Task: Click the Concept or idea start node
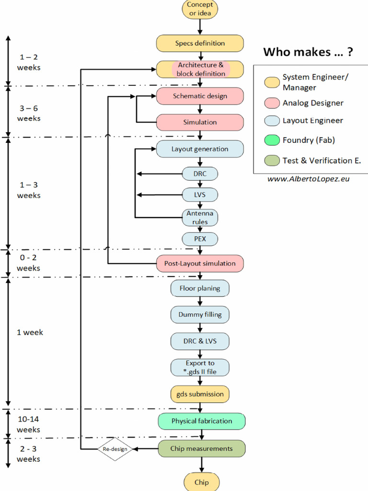pyautogui.click(x=200, y=9)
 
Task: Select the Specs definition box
pyautogui.click(x=200, y=43)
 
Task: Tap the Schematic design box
pyautogui.click(x=200, y=96)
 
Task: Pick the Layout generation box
pyautogui.click(x=200, y=149)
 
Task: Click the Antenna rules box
pyautogui.click(x=200, y=217)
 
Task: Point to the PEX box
pyautogui.click(x=200, y=239)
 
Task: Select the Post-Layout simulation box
pyautogui.click(x=200, y=263)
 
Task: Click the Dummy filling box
pyautogui.click(x=200, y=315)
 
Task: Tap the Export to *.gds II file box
pyautogui.click(x=200, y=367)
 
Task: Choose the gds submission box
pyautogui.click(x=200, y=394)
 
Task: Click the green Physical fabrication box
pyautogui.click(x=202, y=421)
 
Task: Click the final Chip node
pyautogui.click(x=201, y=482)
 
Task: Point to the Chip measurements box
pyautogui.click(x=202, y=449)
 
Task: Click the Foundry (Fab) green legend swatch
pyautogui.click(x=272, y=140)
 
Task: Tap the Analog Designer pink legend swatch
pyautogui.click(x=272, y=103)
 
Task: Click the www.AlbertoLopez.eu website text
pyautogui.click(x=308, y=178)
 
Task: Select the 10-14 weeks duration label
pyautogui.click(x=28, y=424)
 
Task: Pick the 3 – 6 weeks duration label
pyautogui.click(x=29, y=113)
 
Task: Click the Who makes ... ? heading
pyautogui.click(x=308, y=52)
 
